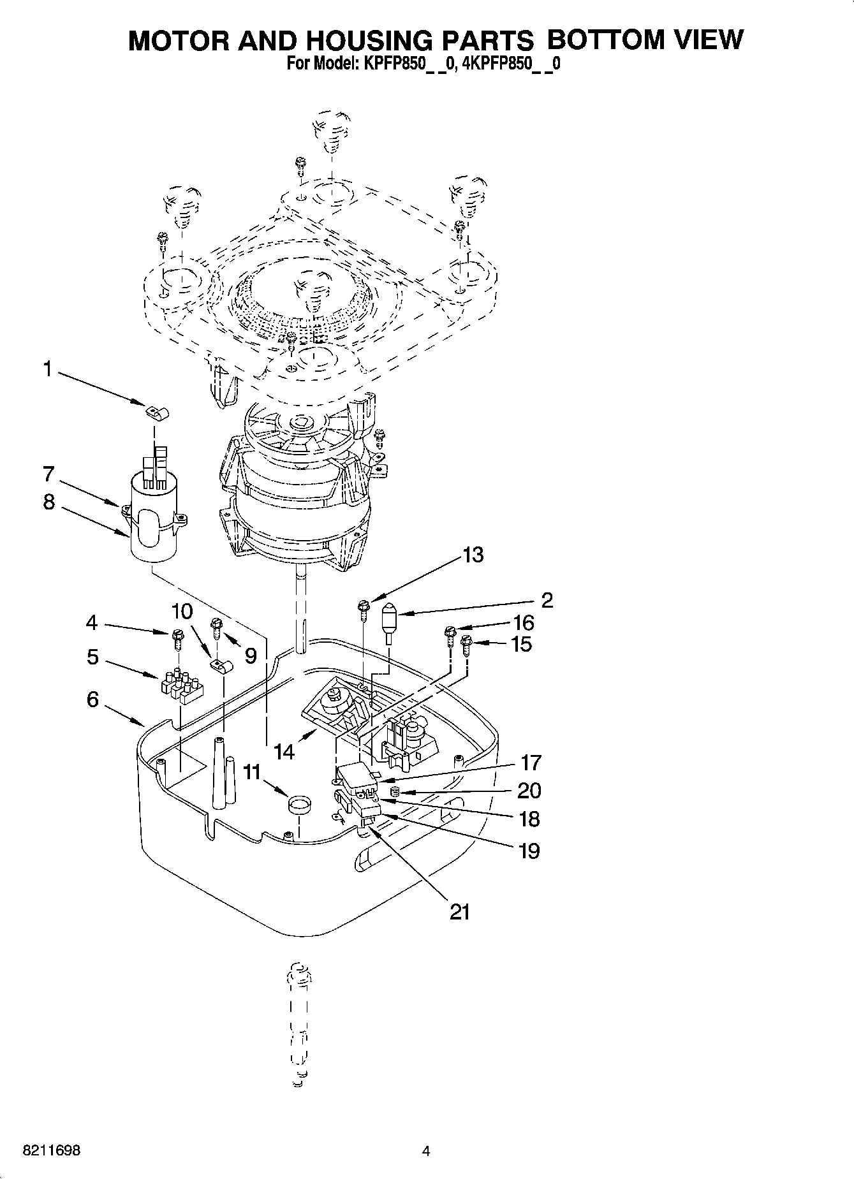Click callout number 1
click(47, 369)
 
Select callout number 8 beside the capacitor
click(49, 502)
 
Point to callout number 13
click(473, 555)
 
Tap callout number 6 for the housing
click(93, 699)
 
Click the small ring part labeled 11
click(297, 805)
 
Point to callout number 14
click(284, 752)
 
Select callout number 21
click(459, 912)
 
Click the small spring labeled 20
click(394, 792)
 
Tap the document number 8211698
click(51, 1152)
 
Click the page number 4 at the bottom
click(426, 1152)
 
